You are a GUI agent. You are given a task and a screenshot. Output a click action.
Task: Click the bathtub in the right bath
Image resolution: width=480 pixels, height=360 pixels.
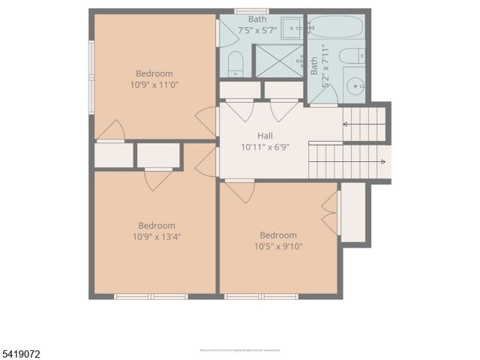335,28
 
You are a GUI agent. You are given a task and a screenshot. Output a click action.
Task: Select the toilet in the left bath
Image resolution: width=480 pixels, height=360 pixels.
235,63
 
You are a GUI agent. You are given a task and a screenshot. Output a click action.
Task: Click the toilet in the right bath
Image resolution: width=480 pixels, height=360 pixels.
351,55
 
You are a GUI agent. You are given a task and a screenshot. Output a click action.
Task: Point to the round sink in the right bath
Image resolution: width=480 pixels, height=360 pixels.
353,84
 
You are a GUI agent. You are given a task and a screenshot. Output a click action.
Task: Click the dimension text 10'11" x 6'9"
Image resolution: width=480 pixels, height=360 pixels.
265,147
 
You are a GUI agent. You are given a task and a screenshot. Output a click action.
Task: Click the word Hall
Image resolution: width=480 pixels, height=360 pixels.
265,136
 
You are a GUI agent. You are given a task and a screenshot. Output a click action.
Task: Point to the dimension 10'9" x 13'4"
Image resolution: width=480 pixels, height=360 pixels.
157,236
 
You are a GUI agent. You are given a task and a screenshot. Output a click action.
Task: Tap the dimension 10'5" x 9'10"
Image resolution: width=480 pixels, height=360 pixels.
278,246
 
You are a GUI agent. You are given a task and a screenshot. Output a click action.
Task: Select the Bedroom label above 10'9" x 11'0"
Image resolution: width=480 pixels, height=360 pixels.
154,73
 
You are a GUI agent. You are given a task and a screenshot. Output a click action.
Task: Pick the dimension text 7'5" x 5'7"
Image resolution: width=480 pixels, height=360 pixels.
257,30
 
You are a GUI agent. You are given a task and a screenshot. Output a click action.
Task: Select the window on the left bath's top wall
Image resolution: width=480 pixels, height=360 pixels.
251,11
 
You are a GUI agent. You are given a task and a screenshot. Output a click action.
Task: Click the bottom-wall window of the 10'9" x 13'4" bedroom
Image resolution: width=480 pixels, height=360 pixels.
150,297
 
